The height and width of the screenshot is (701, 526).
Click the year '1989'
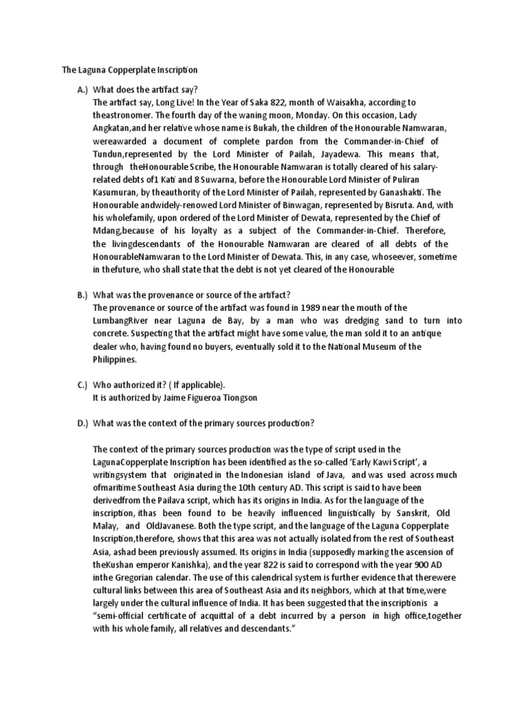coord(314,307)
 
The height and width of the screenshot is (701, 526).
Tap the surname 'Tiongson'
coord(234,398)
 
